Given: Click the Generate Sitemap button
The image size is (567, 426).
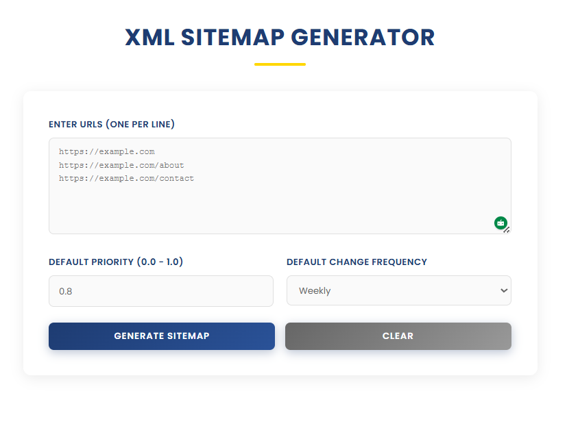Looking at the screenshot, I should pyautogui.click(x=161, y=336).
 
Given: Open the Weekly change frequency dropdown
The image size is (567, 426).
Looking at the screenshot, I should pyautogui.click(x=398, y=290).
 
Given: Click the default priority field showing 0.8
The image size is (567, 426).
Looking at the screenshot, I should pyautogui.click(x=160, y=291).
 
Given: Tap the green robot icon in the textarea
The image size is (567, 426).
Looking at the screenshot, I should pyautogui.click(x=500, y=223).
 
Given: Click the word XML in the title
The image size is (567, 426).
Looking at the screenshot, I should pyautogui.click(x=149, y=38).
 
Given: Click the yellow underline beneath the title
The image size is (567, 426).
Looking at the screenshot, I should pyautogui.click(x=280, y=64).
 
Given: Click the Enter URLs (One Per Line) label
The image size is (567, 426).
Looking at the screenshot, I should pyautogui.click(x=111, y=124).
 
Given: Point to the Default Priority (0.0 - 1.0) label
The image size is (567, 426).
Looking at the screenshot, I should pyautogui.click(x=116, y=262).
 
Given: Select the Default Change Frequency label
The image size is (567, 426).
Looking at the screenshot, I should pyautogui.click(x=357, y=262).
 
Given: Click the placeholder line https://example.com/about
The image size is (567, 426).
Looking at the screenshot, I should pyautogui.click(x=121, y=165).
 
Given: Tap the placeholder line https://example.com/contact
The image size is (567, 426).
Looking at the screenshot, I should pyautogui.click(x=126, y=178).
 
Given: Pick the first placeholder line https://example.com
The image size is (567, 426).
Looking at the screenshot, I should pyautogui.click(x=106, y=151).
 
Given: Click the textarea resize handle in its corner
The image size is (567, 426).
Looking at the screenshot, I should pyautogui.click(x=507, y=230).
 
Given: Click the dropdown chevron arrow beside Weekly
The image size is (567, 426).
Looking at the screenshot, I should pyautogui.click(x=504, y=290).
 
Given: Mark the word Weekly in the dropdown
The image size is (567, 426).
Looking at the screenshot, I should pyautogui.click(x=315, y=291).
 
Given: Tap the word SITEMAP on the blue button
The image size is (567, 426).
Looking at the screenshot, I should pyautogui.click(x=189, y=336).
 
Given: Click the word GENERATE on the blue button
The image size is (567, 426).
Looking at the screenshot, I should pyautogui.click(x=139, y=336).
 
